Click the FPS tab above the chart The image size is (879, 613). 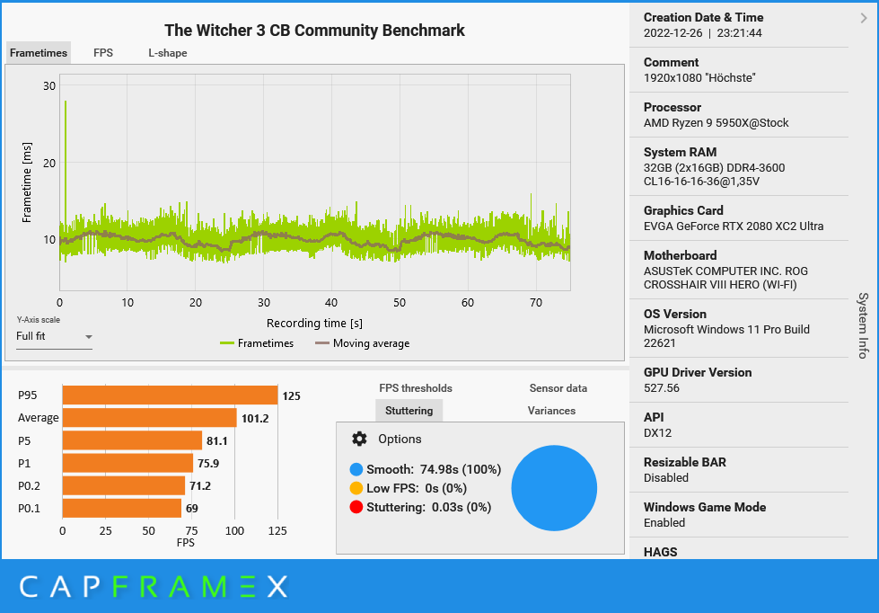click(x=103, y=53)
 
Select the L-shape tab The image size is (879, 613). click(x=168, y=53)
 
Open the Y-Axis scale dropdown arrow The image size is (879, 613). click(x=88, y=337)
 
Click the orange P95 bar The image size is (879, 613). click(x=170, y=395)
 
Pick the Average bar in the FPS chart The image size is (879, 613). click(x=149, y=418)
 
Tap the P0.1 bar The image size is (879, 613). click(x=121, y=509)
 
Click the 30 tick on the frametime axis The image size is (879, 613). click(x=49, y=86)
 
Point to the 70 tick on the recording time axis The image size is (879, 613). click(x=536, y=303)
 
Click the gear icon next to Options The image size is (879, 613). click(x=359, y=439)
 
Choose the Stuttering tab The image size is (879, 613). click(x=409, y=411)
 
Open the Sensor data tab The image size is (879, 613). click(x=558, y=388)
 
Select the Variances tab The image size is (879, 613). click(x=551, y=411)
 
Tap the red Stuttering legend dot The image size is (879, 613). click(x=356, y=507)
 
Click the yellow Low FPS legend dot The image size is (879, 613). click(x=356, y=488)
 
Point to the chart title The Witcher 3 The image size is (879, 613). click(x=314, y=31)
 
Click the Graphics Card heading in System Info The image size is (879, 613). click(x=683, y=210)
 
